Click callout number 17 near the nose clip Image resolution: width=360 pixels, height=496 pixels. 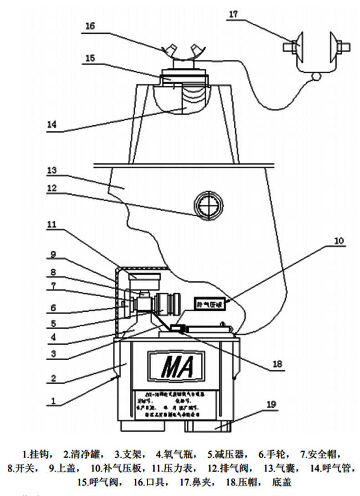click(x=233, y=14)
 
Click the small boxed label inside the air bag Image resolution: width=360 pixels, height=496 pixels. click(x=210, y=304)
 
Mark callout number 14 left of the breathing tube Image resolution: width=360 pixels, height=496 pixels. click(x=54, y=124)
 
